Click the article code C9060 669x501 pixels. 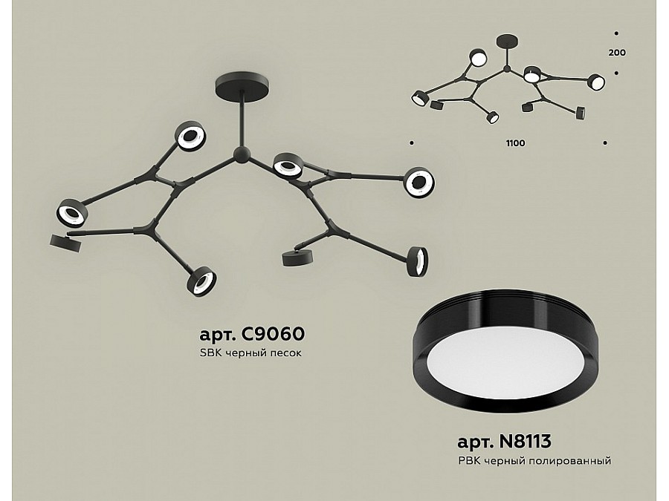[x=273, y=333]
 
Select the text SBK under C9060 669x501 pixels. [x=210, y=353]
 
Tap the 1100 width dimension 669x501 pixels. [x=515, y=143]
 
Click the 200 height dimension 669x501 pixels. [x=617, y=53]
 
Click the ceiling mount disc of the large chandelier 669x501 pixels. [x=242, y=86]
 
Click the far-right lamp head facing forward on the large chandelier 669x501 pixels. [x=419, y=183]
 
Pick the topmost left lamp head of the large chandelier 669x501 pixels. [x=190, y=136]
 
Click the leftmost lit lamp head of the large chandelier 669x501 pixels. [x=71, y=212]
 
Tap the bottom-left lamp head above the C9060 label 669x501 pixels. [x=201, y=281]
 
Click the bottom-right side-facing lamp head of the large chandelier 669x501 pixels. [x=418, y=261]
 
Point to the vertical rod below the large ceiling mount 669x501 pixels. [x=242, y=123]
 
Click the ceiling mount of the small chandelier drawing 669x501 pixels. [x=507, y=42]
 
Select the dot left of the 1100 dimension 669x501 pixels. [x=411, y=143]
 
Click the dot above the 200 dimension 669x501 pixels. [x=616, y=33]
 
